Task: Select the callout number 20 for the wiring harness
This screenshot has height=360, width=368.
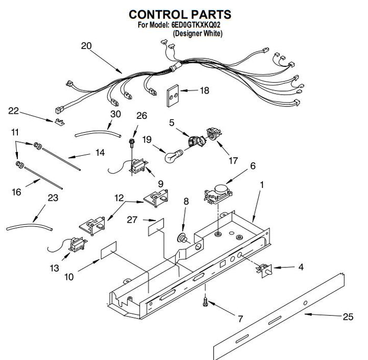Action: pyautogui.click(x=86, y=46)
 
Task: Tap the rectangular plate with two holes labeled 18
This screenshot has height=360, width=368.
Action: pyautogui.click(x=173, y=96)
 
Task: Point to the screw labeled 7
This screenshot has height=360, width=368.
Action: pyautogui.click(x=205, y=302)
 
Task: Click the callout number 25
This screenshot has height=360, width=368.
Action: pyautogui.click(x=348, y=317)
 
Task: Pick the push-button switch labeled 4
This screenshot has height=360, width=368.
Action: pyautogui.click(x=264, y=270)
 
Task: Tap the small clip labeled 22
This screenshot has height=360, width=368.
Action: pyautogui.click(x=59, y=122)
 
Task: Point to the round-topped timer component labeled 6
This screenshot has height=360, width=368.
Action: pyautogui.click(x=218, y=194)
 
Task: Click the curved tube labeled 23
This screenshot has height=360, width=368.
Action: pyautogui.click(x=29, y=226)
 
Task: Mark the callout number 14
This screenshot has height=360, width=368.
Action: pyautogui.click(x=100, y=153)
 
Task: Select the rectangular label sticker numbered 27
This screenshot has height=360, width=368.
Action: pyautogui.click(x=156, y=227)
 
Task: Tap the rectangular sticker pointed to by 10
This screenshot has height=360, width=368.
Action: pyautogui.click(x=109, y=250)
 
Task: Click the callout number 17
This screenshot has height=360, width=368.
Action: pyautogui.click(x=233, y=161)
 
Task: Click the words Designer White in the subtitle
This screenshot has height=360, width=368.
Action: pyautogui.click(x=197, y=33)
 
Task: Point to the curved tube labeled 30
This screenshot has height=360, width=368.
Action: pyautogui.click(x=98, y=134)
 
